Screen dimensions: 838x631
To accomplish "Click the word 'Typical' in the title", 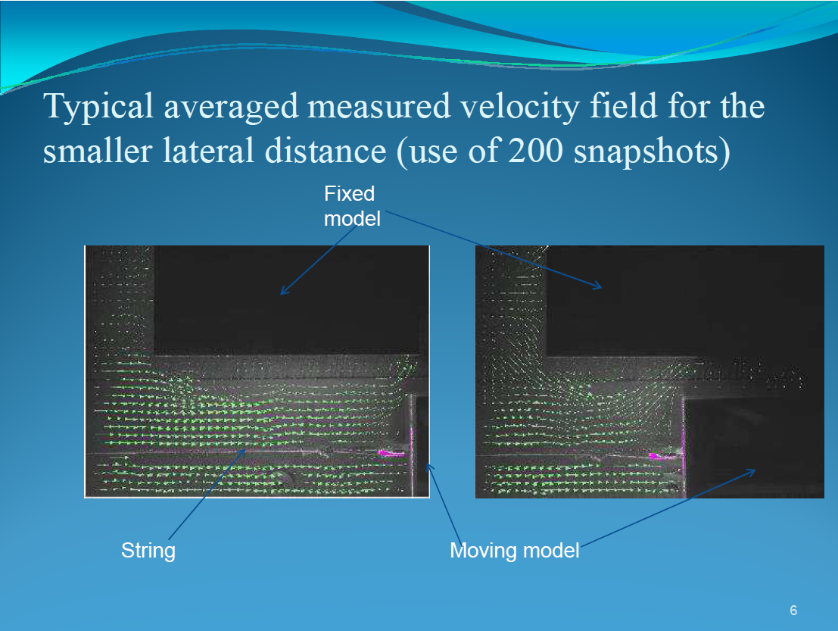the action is [x=98, y=107].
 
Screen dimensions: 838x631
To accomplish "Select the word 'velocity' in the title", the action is [x=519, y=107].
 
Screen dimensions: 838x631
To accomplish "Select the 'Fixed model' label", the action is [x=352, y=206].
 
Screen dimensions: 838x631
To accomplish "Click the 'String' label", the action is [x=148, y=551].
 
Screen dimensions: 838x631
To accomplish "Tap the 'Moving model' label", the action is [x=515, y=550].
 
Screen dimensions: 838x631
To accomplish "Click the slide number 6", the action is [x=793, y=610].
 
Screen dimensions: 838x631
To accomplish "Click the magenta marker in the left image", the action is [x=391, y=454].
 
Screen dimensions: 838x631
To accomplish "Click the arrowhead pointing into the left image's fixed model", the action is [x=284, y=292].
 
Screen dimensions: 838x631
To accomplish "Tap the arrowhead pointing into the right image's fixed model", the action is [x=599, y=286].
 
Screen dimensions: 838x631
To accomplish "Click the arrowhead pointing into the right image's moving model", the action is [x=752, y=471].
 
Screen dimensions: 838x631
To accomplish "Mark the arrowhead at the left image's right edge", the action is [x=428, y=468].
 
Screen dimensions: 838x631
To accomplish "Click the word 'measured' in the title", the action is [x=379, y=107].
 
